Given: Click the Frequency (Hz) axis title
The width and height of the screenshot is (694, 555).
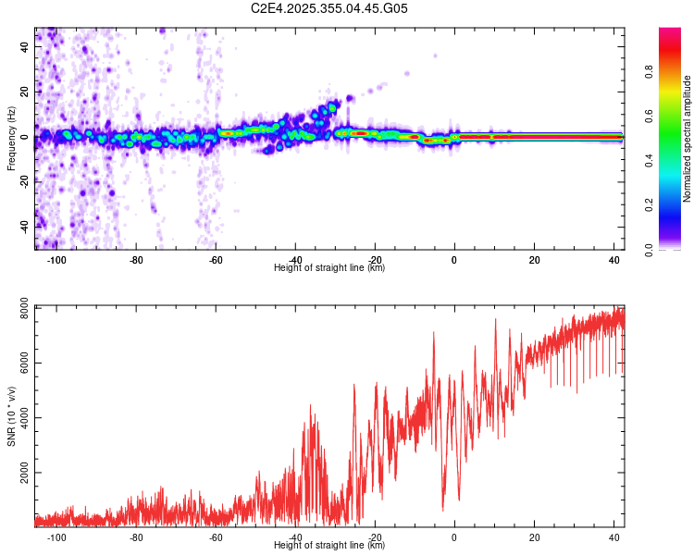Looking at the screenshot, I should pyautogui.click(x=11, y=139).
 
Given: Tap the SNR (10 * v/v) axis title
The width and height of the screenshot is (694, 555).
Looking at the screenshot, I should pyautogui.click(x=11, y=416).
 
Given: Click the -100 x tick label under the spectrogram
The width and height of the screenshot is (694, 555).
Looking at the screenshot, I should pyautogui.click(x=56, y=260).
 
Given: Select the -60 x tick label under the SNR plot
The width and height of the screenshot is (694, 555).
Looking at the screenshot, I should pyautogui.click(x=216, y=537).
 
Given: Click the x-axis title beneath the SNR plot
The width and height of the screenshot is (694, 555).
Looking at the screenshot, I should pyautogui.click(x=329, y=546).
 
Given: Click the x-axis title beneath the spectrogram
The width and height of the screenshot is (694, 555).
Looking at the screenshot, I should pyautogui.click(x=329, y=268).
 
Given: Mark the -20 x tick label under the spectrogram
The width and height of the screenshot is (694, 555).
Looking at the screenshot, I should pyautogui.click(x=375, y=260).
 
